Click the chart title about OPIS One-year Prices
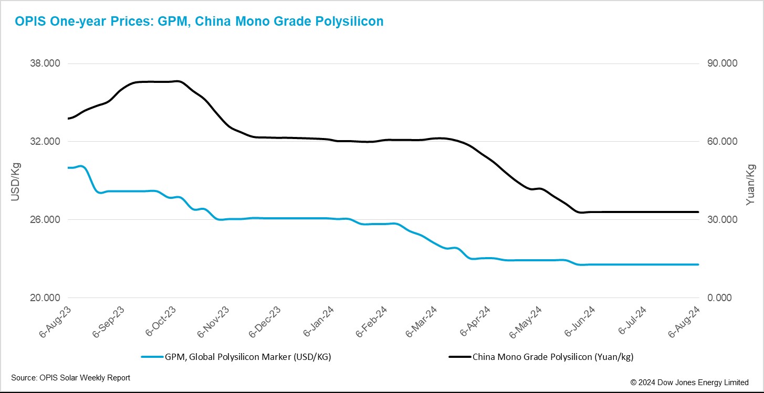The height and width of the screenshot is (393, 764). coord(199,22)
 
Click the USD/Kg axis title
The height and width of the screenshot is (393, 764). coord(15,181)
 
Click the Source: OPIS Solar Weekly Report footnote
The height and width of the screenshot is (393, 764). coord(70,378)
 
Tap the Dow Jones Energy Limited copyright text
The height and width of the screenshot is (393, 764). coord(689,383)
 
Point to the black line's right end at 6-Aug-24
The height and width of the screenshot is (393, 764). coord(698,212)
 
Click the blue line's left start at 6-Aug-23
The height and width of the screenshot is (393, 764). coord(68,167)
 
